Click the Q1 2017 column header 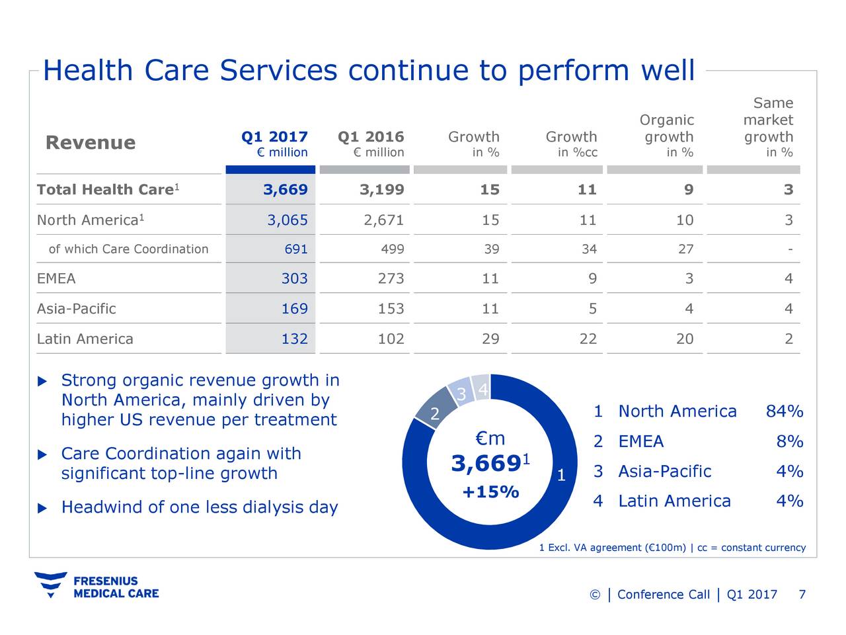click(274, 137)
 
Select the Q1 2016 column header click(371, 137)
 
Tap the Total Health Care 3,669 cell click(286, 190)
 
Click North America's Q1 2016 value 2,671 click(383, 220)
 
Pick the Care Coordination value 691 click(295, 249)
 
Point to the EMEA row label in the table click(56, 278)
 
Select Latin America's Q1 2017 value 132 click(294, 339)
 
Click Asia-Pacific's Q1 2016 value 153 click(391, 309)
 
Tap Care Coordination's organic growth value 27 click(685, 249)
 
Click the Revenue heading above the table click(91, 143)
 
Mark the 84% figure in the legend click(785, 411)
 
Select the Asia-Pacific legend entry click(664, 472)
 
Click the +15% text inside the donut click(490, 492)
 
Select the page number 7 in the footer click(802, 595)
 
